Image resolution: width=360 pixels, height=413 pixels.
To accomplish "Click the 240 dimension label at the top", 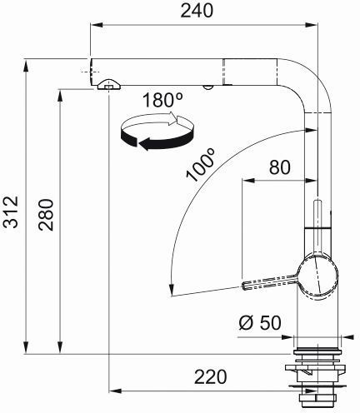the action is pos(197,11).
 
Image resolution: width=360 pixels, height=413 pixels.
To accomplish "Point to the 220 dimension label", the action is pos(211,377).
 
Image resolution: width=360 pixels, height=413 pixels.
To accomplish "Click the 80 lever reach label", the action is pos(280,167).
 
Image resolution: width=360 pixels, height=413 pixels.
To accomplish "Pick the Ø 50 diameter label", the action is pos(260,323).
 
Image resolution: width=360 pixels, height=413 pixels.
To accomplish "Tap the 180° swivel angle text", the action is pos(162,100).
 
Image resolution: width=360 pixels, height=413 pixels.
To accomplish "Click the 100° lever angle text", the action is pos(201,164).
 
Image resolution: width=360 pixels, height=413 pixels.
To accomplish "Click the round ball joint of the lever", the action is pos(317,277).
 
